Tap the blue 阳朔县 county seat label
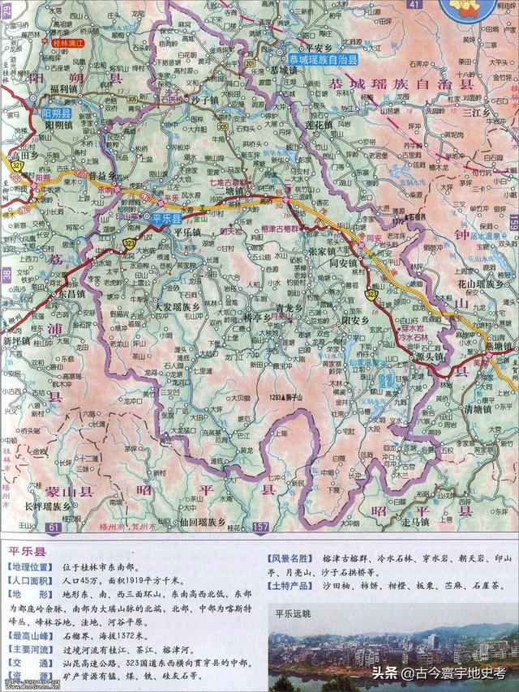[x=54, y=114]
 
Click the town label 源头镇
[x=429, y=355]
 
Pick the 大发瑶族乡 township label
[x=177, y=308]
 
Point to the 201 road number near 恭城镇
[x=249, y=62]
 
